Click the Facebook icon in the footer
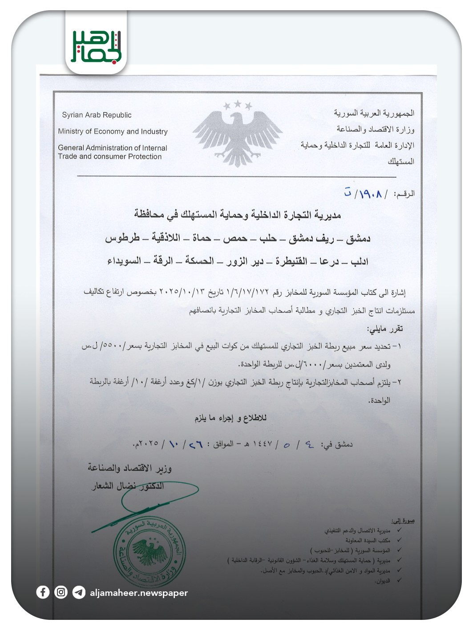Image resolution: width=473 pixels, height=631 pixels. point(43,592)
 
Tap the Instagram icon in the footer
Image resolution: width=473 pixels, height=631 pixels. point(61,592)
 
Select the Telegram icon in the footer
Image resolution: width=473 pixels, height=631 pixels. point(79,592)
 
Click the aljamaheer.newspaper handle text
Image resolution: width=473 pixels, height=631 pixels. point(138,593)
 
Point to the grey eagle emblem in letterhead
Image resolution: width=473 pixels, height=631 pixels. point(237,133)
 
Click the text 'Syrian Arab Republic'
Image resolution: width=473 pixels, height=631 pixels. point(97,115)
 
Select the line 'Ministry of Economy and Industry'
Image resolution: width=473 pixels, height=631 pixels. point(113,131)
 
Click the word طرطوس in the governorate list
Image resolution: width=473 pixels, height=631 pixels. point(122,238)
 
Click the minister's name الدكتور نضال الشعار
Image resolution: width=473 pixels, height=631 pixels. point(128,486)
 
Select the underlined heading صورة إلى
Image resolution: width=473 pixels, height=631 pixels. point(403,520)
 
